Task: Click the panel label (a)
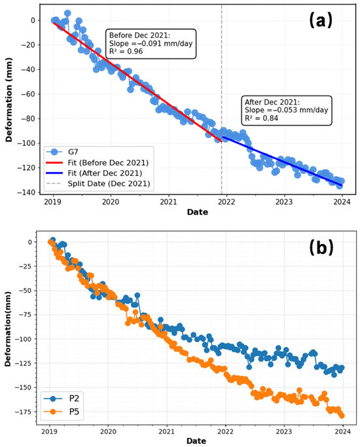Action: click(321, 20)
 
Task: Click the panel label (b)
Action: click(321, 247)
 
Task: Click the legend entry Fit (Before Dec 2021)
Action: click(97, 162)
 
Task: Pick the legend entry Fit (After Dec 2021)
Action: click(94, 173)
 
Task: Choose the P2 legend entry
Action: click(62, 398)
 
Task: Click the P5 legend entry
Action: click(62, 412)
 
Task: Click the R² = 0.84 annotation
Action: click(261, 118)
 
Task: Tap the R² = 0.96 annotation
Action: click(126, 51)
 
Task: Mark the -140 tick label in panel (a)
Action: click(27, 192)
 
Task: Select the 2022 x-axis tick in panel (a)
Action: click(226, 202)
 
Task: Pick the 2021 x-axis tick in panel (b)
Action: click(167, 431)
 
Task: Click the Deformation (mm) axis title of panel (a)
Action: click(9, 99)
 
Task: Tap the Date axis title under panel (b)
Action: click(196, 441)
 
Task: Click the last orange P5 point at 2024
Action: click(342, 416)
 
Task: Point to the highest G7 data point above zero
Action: click(67, 13)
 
